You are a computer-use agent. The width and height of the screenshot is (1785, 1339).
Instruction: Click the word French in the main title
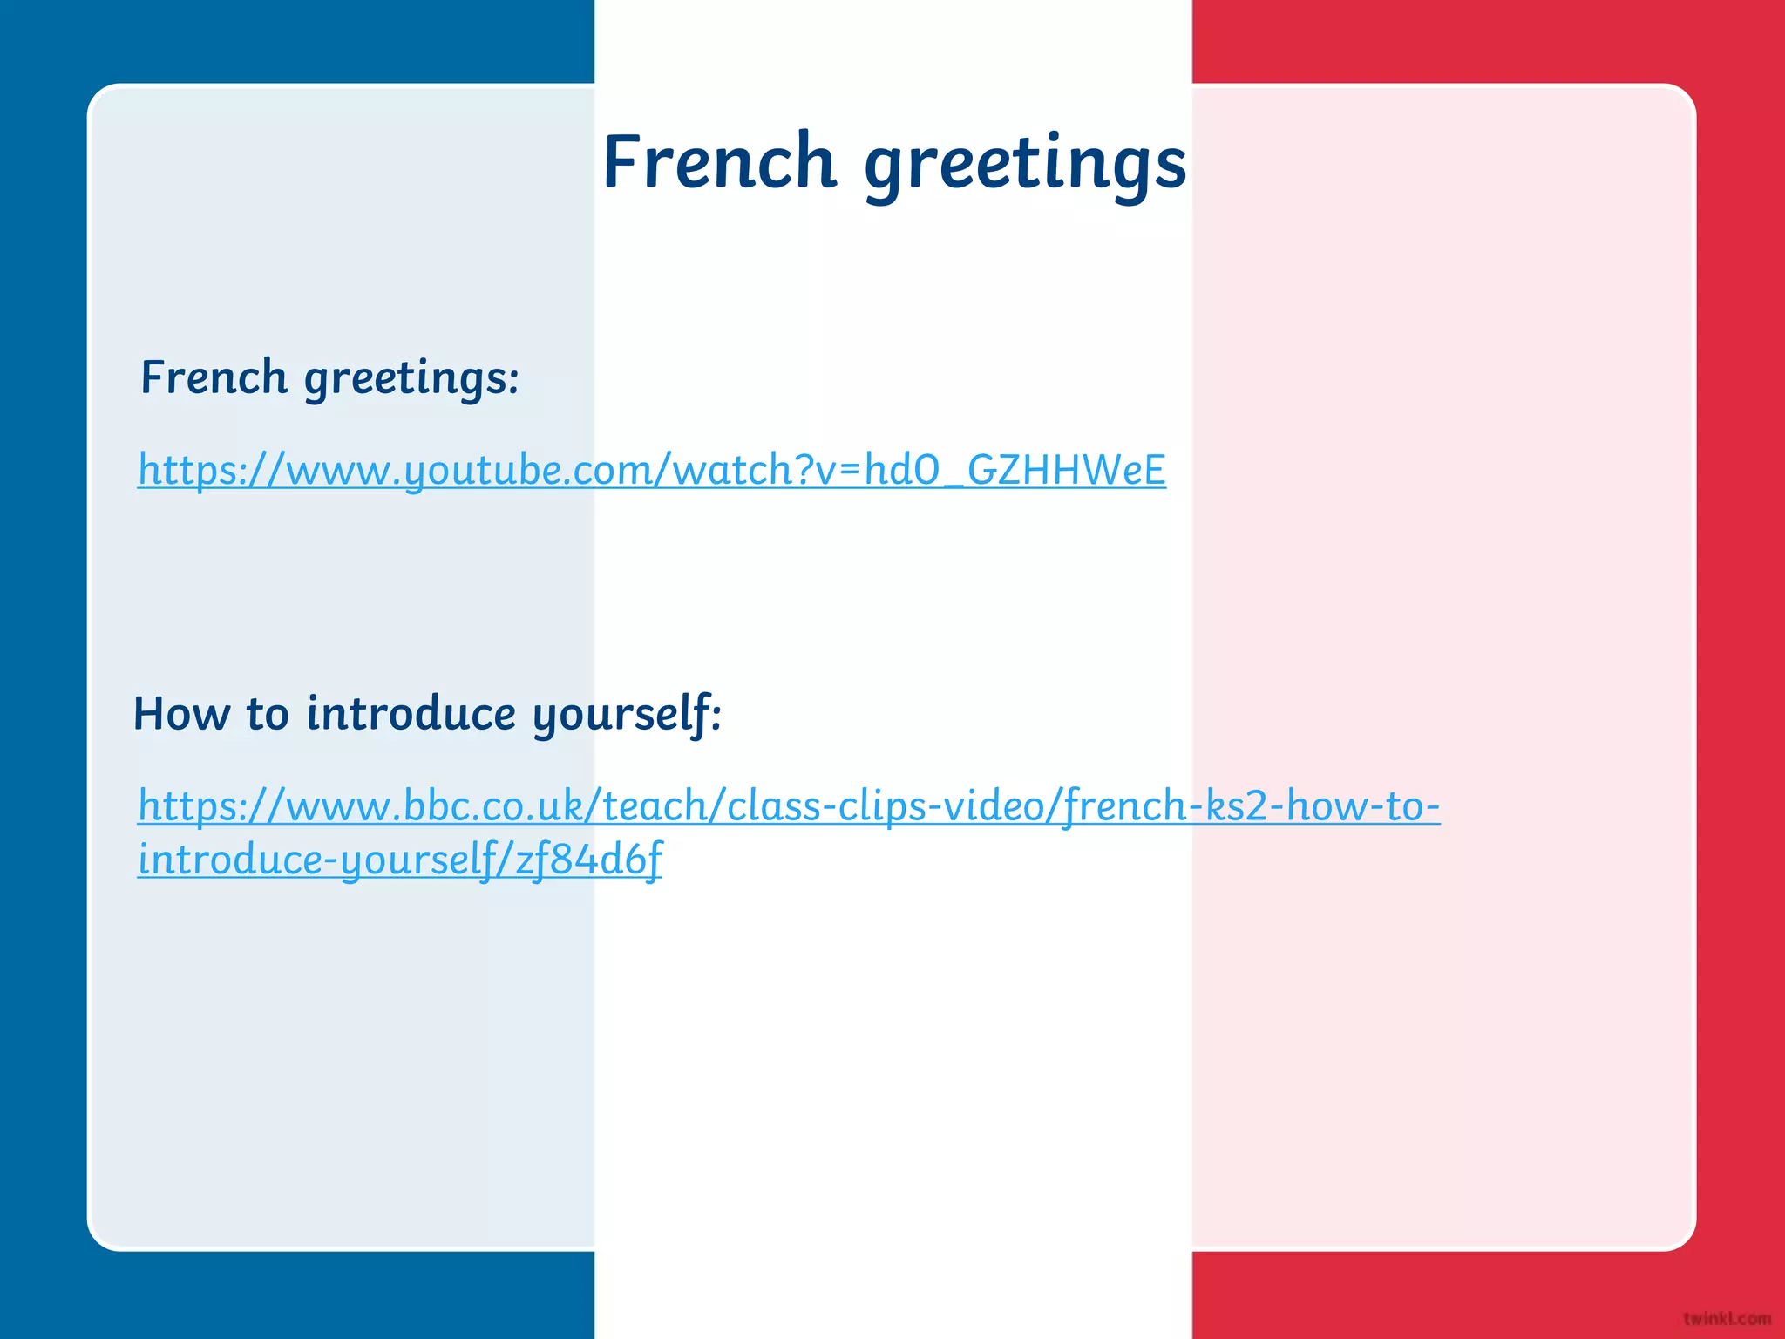click(719, 162)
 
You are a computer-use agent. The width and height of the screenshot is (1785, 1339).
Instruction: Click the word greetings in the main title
click(1025, 166)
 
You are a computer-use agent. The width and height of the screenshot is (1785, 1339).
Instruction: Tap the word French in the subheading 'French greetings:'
click(214, 377)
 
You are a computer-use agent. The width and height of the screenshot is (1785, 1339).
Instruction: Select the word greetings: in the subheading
click(411, 380)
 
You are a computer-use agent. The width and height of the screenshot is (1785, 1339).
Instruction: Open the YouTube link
click(651, 470)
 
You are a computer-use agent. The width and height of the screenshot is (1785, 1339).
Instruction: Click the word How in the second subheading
click(181, 713)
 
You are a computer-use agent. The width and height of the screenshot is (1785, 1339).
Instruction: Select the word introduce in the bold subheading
click(411, 713)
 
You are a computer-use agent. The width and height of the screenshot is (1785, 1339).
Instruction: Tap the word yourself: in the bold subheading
click(627, 715)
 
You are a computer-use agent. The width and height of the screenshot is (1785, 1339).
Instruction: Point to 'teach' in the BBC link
click(654, 805)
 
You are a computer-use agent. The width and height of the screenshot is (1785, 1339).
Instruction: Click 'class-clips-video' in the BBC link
click(885, 805)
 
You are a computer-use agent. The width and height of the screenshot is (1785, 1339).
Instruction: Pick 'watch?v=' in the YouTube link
click(767, 470)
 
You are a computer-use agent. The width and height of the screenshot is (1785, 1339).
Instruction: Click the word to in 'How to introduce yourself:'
click(267, 713)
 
